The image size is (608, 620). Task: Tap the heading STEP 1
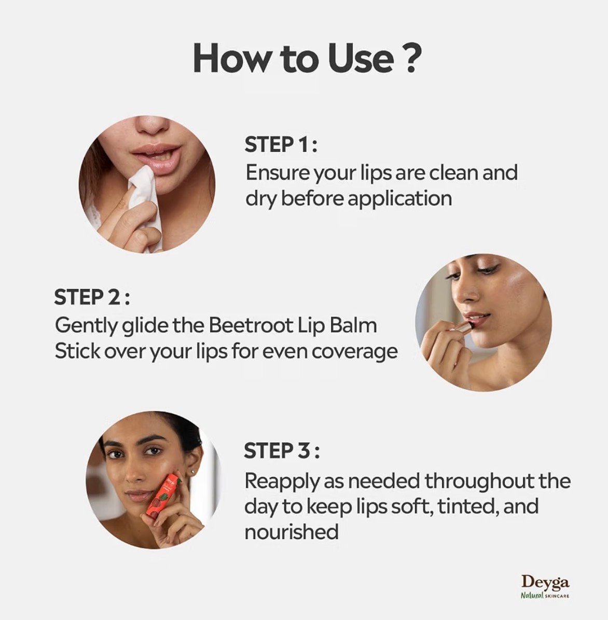(281, 144)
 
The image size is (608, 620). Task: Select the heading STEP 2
(92, 297)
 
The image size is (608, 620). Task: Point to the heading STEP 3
(282, 451)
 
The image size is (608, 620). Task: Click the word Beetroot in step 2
(251, 325)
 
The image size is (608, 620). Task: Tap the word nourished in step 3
(292, 531)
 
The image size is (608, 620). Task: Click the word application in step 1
(399, 199)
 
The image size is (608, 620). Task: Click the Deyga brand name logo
(545, 582)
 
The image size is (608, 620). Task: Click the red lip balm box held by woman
(163, 500)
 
